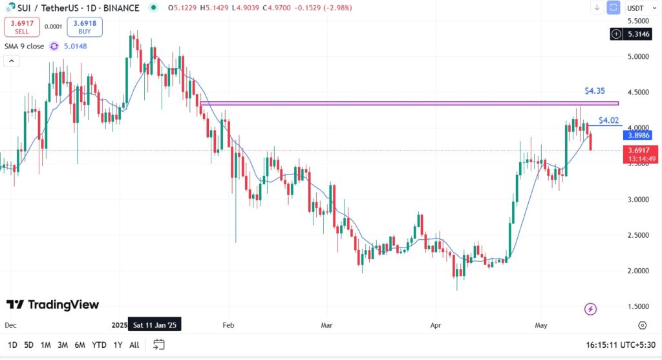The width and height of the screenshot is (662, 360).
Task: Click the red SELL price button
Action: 22,26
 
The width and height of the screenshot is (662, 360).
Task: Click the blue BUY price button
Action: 84,26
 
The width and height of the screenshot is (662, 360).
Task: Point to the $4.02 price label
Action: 608,120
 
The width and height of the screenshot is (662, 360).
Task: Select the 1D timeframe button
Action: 12,345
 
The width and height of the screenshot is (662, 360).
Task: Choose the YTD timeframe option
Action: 99,345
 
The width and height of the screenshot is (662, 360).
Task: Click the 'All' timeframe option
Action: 134,345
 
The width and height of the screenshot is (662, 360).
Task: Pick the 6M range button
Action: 80,345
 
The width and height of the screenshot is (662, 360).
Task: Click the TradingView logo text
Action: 53,304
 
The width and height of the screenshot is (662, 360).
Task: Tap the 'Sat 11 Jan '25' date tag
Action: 155,325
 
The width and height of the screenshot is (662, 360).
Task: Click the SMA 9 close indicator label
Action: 24,47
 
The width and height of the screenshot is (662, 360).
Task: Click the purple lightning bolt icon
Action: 590,309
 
